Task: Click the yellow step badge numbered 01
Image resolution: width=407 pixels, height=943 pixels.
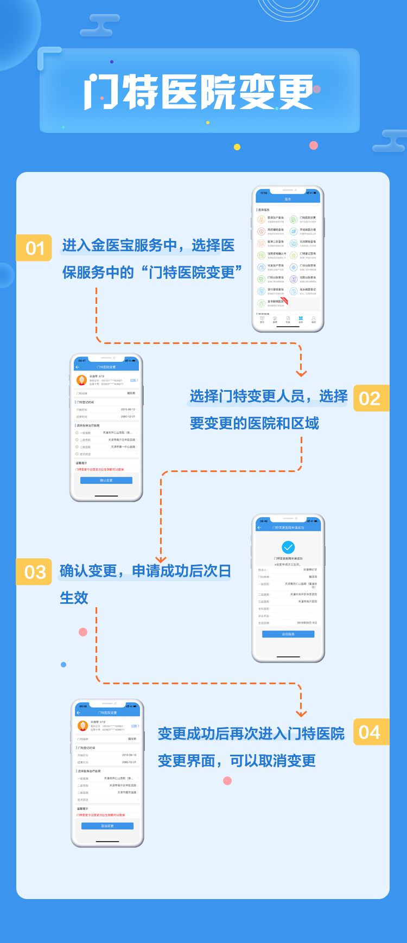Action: tap(34, 248)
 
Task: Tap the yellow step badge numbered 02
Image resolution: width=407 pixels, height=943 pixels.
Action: tap(371, 398)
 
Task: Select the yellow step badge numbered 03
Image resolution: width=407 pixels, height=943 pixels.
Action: tap(34, 572)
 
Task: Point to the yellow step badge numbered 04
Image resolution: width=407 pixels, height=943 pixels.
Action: tap(371, 732)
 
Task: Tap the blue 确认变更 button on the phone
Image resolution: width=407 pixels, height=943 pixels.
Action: tap(106, 480)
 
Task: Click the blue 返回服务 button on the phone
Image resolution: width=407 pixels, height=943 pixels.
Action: tap(288, 634)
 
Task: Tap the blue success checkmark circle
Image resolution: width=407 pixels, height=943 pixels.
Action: tap(288, 547)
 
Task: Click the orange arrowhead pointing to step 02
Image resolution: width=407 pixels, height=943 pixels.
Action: tap(301, 373)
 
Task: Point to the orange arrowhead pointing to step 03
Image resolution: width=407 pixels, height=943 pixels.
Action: tap(161, 559)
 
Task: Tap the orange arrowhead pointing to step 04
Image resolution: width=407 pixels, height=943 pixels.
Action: tap(301, 713)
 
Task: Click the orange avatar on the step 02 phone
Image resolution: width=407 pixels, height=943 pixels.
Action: tap(81, 380)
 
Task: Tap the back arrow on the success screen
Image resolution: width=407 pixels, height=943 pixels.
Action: tap(259, 527)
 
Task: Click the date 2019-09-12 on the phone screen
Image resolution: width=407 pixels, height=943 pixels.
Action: tap(128, 410)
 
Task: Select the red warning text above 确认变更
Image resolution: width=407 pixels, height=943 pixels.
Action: tap(100, 469)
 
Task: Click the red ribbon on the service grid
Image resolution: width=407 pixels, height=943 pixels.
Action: tap(284, 300)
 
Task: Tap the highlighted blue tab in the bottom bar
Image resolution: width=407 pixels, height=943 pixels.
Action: tap(301, 319)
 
